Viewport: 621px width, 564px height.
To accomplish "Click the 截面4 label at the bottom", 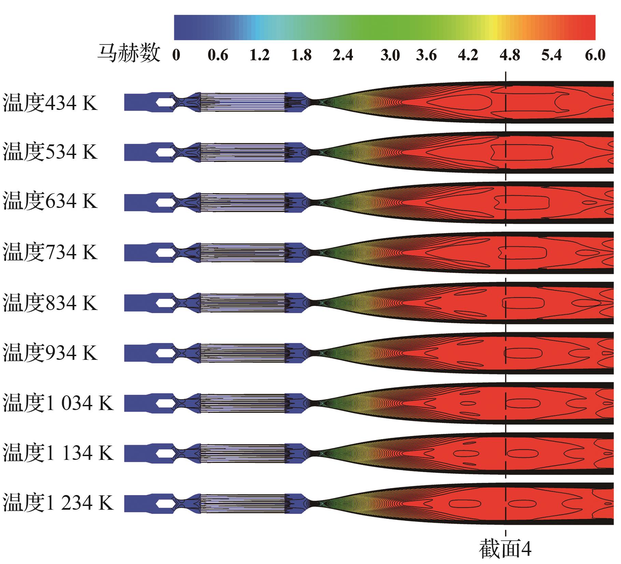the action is click(506, 549).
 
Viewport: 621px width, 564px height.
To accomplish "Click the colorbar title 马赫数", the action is click(129, 54).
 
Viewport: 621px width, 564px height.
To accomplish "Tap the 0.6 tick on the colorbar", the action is click(218, 55).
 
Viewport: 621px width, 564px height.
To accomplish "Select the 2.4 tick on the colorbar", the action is click(343, 55).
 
